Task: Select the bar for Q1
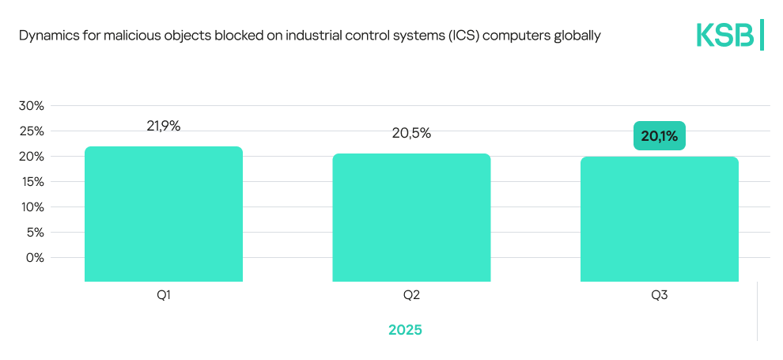[x=164, y=214]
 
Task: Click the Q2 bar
[x=411, y=218]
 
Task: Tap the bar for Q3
[x=660, y=219]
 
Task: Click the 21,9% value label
[x=164, y=126]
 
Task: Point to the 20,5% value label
[x=411, y=133]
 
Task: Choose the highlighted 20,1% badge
[x=660, y=136]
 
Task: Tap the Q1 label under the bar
[x=164, y=296]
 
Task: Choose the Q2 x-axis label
[x=411, y=296]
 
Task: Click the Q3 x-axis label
[x=660, y=296]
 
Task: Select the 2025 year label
[x=405, y=330]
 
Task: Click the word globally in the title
[x=577, y=36]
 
